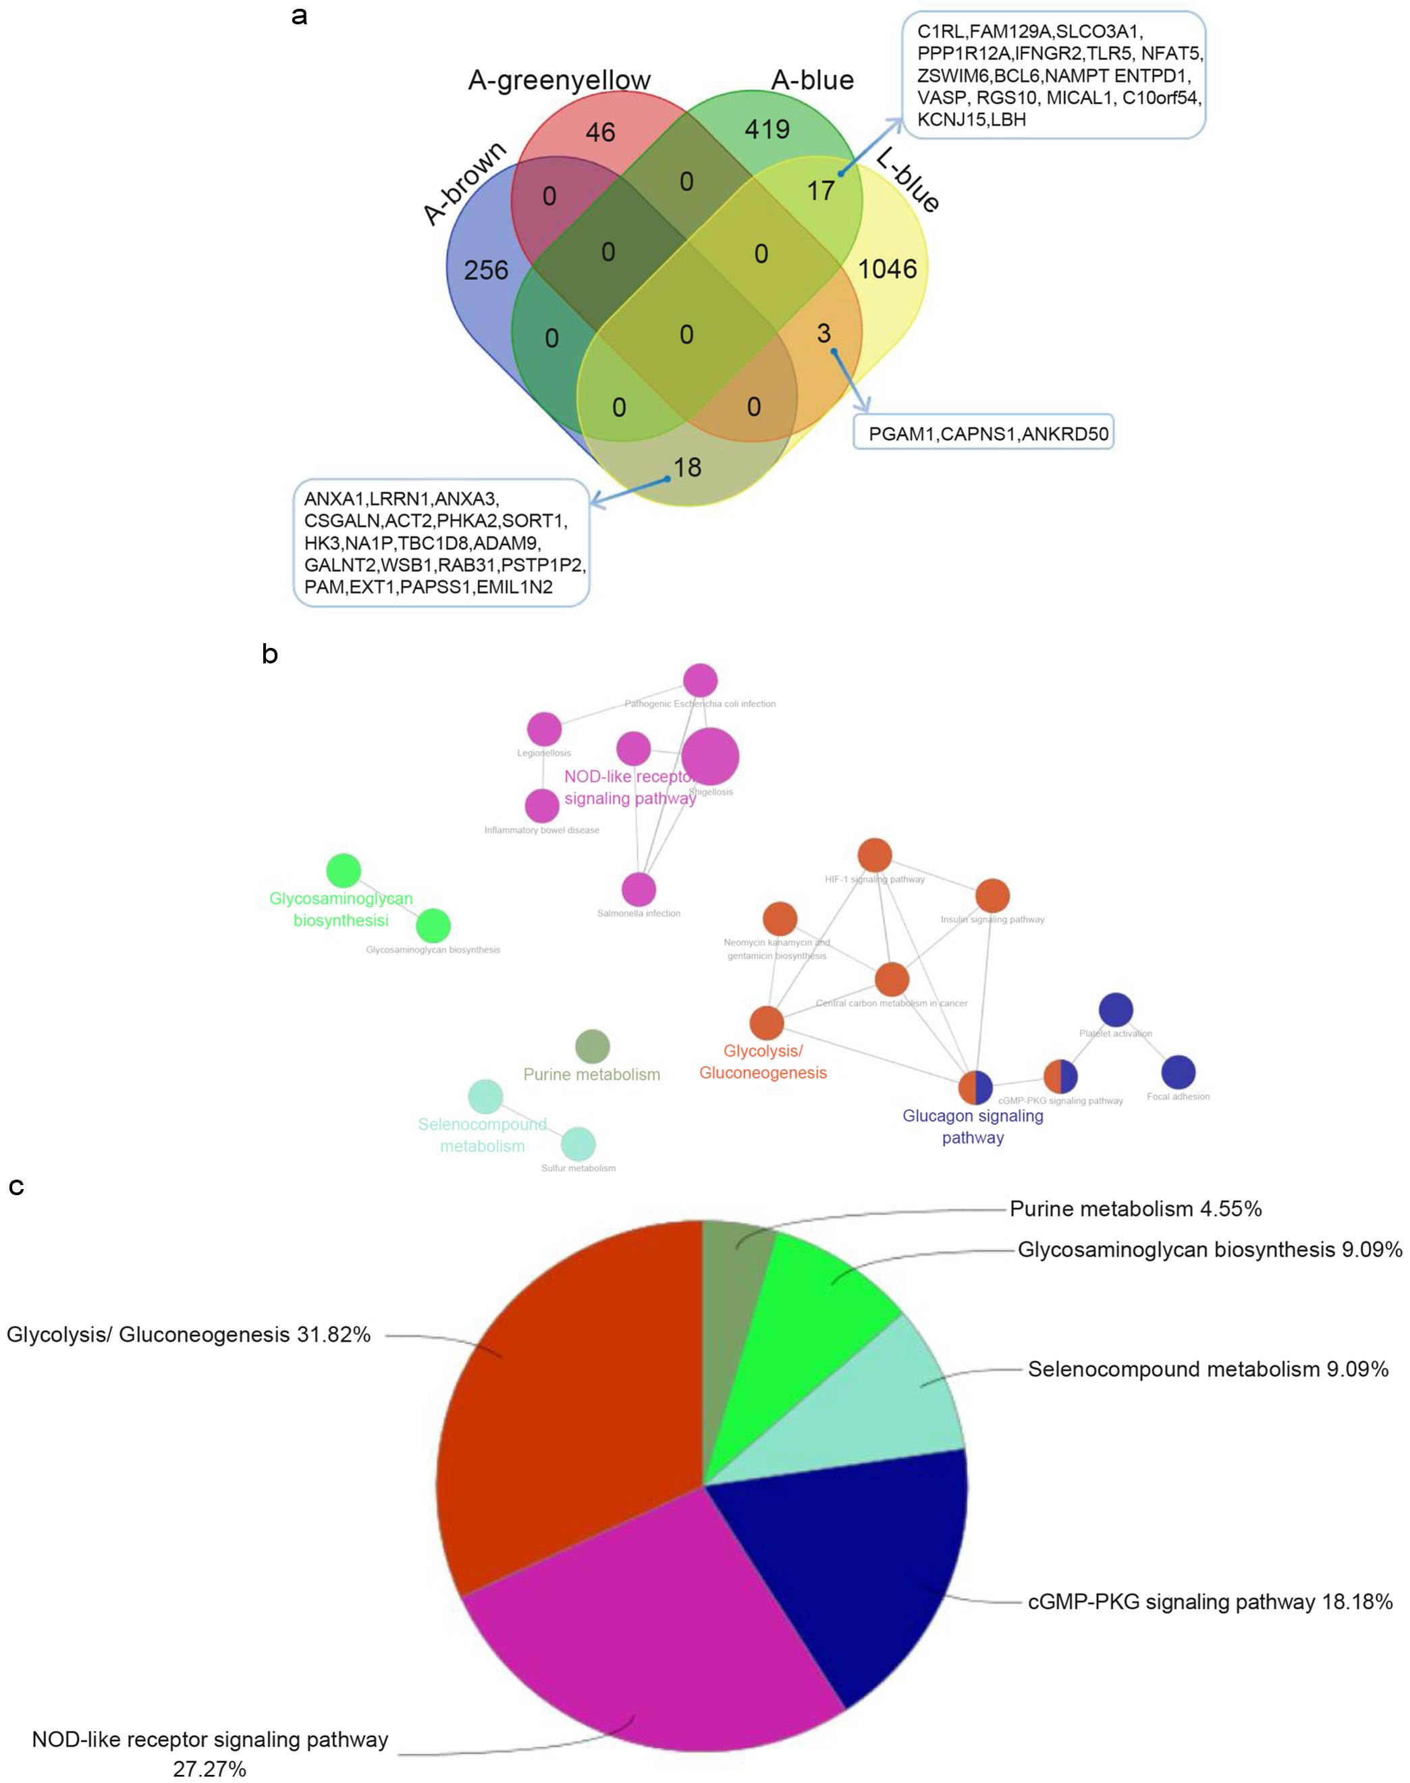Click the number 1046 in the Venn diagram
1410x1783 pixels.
pos(888,269)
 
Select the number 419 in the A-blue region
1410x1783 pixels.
pos(767,130)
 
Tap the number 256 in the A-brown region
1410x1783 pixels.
pos(485,270)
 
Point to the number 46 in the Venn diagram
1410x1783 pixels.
pos(600,132)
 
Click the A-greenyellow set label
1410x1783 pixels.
pos(559,80)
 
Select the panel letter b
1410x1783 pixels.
pos(269,655)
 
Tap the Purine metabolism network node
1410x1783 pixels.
pos(592,1046)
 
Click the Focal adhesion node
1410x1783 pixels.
pos(1178,1072)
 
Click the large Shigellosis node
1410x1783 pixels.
pos(711,756)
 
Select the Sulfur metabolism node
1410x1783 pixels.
pos(578,1144)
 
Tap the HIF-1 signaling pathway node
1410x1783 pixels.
pos(874,855)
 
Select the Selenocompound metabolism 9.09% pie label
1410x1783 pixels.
pos(1207,1369)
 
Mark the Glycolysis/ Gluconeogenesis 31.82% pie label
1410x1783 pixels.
pos(188,1335)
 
